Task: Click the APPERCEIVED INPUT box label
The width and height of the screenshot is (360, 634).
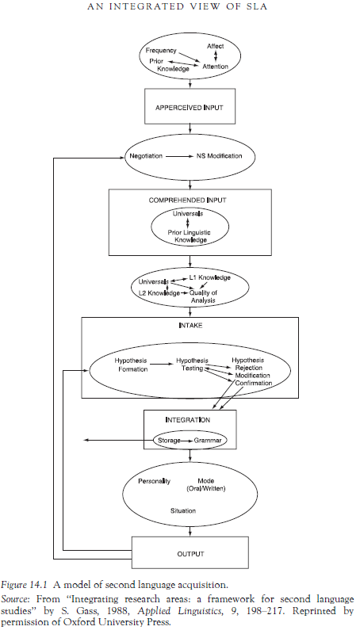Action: pyautogui.click(x=190, y=108)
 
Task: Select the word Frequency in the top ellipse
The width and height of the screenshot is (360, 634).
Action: pyautogui.click(x=161, y=51)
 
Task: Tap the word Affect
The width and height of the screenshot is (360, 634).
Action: pyautogui.click(x=215, y=46)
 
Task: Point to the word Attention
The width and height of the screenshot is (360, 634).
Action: pyautogui.click(x=215, y=67)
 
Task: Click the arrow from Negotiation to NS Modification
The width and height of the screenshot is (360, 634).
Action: pyautogui.click(x=179, y=156)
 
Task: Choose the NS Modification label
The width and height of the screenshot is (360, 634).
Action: pyautogui.click(x=219, y=156)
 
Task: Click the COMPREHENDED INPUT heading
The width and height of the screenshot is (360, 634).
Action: pyautogui.click(x=187, y=201)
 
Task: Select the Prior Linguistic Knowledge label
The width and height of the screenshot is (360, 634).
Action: pyautogui.click(x=190, y=236)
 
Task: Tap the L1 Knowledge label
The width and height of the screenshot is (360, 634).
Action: pyautogui.click(x=210, y=278)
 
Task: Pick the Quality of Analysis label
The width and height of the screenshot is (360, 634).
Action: pyautogui.click(x=204, y=296)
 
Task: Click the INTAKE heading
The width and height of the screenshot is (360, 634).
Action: pyautogui.click(x=190, y=326)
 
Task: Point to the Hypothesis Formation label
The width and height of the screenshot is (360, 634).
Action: pyautogui.click(x=131, y=365)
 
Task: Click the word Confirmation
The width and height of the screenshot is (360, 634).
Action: pyautogui.click(x=254, y=383)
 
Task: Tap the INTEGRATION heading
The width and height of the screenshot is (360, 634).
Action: pyautogui.click(x=188, y=420)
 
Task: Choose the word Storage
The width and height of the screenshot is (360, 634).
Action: pyautogui.click(x=169, y=441)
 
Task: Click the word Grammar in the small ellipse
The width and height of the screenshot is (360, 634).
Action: pyautogui.click(x=208, y=441)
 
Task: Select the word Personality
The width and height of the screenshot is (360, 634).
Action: pyautogui.click(x=154, y=481)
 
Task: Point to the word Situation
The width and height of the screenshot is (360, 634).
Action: pyautogui.click(x=183, y=510)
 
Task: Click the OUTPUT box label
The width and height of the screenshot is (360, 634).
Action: pyautogui.click(x=190, y=554)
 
